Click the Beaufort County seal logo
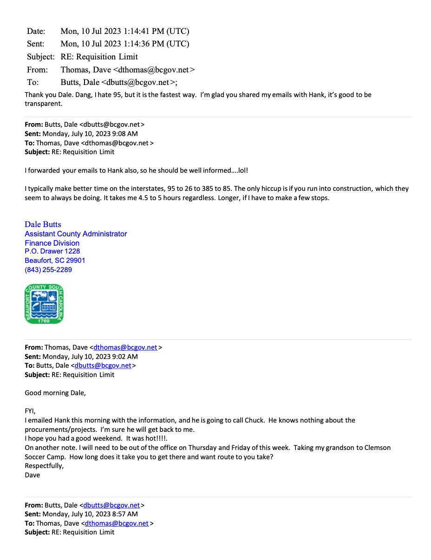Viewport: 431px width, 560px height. [44, 304]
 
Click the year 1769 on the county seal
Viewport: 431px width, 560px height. [44, 320]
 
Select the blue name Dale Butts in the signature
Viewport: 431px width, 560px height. [43, 224]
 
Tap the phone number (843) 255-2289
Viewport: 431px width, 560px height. [48, 270]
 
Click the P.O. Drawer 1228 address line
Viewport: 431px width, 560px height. [52, 251]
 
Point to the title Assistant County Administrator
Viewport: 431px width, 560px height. [76, 234]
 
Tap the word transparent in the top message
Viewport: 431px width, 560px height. [43, 104]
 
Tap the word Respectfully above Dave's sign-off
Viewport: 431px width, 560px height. [44, 466]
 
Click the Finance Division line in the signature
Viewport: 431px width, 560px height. [52, 243]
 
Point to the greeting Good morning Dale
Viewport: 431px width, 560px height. [55, 393]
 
